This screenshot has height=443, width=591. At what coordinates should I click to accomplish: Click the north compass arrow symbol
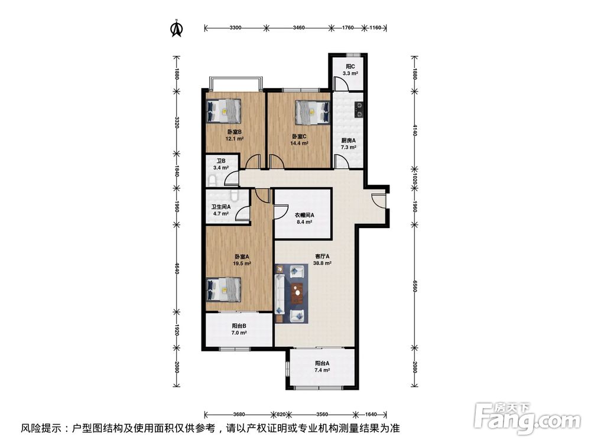pyautogui.click(x=176, y=28)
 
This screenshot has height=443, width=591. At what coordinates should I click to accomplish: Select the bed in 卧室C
pyautogui.click(x=311, y=110)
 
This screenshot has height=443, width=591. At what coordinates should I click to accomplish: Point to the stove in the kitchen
pyautogui.click(x=359, y=108)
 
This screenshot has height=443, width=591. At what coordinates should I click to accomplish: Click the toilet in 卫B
pyautogui.click(x=213, y=180)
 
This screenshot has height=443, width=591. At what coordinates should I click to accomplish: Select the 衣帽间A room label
pyautogui.click(x=304, y=216)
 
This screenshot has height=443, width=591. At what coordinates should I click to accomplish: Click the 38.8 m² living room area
pyautogui.click(x=322, y=263)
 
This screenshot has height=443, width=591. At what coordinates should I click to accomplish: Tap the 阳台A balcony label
pyautogui.click(x=322, y=363)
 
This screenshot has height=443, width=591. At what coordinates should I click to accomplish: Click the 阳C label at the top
pyautogui.click(x=350, y=67)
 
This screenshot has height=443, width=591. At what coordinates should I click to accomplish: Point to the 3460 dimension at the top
pyautogui.click(x=298, y=28)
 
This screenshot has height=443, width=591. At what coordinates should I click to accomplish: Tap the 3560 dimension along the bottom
pyautogui.click(x=322, y=415)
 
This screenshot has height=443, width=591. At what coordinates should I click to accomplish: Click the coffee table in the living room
pyautogui.click(x=298, y=292)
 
